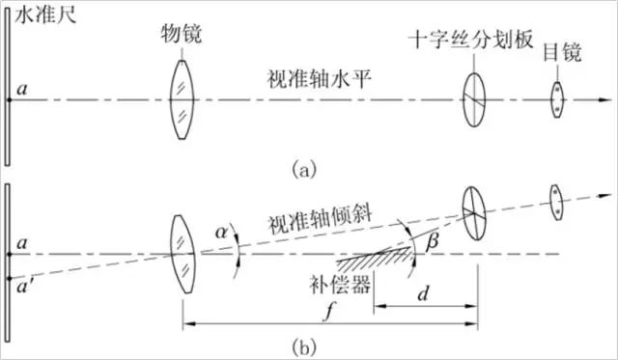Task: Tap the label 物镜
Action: pos(179,35)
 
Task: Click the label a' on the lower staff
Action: pos(22,285)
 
